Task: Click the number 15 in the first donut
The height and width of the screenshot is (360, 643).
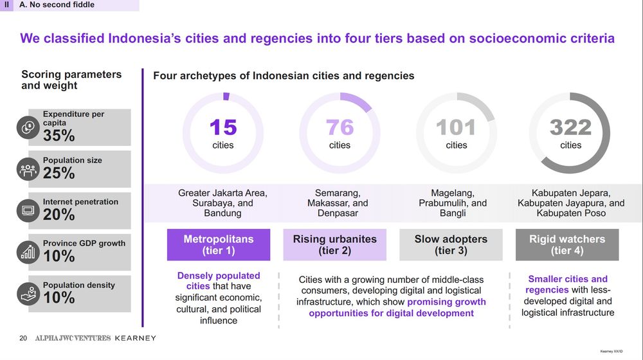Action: (x=223, y=127)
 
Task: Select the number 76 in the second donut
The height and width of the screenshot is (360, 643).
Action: (x=340, y=127)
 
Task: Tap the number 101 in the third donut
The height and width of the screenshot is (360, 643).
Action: (x=456, y=127)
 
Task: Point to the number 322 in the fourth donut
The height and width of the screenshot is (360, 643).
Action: (x=570, y=127)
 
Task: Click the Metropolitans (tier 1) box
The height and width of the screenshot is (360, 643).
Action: (x=219, y=245)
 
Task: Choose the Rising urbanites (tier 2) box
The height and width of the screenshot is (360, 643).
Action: (x=335, y=245)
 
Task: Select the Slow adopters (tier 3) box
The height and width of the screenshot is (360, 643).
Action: (x=451, y=245)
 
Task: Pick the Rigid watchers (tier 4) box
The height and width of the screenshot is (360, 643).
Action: (x=567, y=245)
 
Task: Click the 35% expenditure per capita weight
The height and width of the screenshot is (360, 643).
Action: (x=59, y=136)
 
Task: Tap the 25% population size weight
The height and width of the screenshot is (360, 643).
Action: (x=59, y=173)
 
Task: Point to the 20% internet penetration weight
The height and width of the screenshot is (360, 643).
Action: (x=59, y=215)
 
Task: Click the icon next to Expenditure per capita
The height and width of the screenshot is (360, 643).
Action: (x=28, y=127)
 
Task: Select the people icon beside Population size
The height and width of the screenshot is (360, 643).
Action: (x=28, y=169)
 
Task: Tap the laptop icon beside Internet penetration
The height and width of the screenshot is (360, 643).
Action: (x=28, y=210)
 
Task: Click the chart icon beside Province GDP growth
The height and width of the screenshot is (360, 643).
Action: (x=28, y=252)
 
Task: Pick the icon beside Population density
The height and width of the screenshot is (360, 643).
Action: (x=28, y=294)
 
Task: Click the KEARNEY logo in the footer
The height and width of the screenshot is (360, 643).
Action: (x=134, y=338)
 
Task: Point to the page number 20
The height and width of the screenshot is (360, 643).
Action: (x=23, y=338)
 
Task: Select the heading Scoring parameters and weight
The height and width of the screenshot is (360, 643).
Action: (x=71, y=80)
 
